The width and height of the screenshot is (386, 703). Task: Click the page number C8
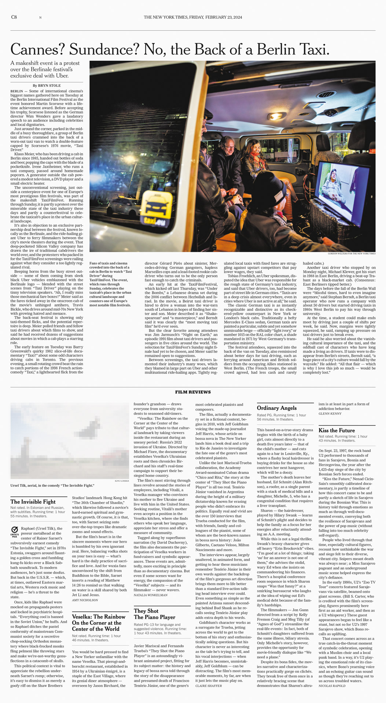(14, 17)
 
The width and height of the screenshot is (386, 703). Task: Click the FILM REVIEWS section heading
(193, 392)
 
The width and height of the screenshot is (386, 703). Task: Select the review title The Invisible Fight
(33, 502)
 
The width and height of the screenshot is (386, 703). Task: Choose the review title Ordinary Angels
(277, 408)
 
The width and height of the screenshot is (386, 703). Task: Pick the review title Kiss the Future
(337, 430)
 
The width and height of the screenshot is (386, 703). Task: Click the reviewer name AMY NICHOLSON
(85, 600)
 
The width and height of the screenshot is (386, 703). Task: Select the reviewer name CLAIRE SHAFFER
(209, 685)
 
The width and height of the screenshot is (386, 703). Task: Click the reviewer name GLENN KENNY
(330, 413)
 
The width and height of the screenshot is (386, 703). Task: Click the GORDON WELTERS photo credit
(352, 253)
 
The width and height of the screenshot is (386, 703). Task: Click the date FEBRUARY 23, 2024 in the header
(224, 17)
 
